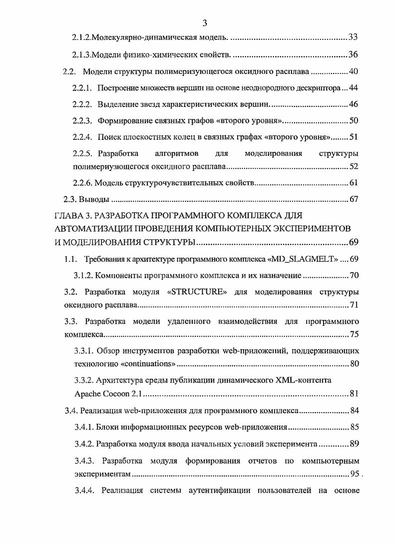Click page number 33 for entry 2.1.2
[353, 37]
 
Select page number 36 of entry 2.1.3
[353, 54]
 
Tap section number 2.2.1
[82, 88]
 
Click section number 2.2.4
[82, 137]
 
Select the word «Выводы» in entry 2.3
[94, 199]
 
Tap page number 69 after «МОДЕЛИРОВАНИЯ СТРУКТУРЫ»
[353, 243]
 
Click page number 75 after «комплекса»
[354, 334]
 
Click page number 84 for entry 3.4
[354, 411]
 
